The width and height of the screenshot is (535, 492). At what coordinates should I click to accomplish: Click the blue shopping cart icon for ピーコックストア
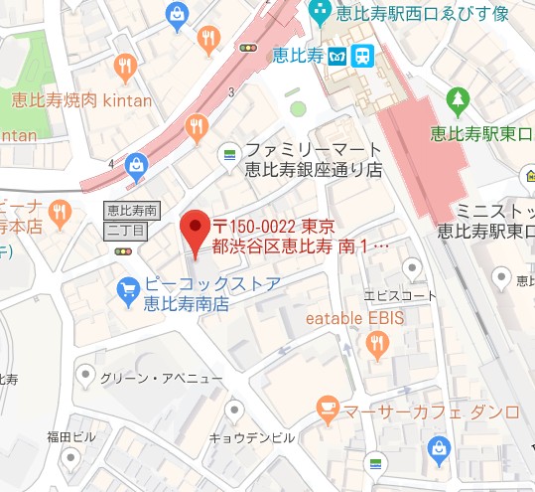(127, 289)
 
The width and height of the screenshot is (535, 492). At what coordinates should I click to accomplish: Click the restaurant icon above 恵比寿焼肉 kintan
(125, 67)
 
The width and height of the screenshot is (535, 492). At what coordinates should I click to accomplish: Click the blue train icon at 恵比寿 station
(364, 55)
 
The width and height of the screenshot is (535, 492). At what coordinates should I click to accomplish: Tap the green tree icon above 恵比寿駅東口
(458, 98)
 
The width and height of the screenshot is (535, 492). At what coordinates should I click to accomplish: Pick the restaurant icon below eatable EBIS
(376, 344)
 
